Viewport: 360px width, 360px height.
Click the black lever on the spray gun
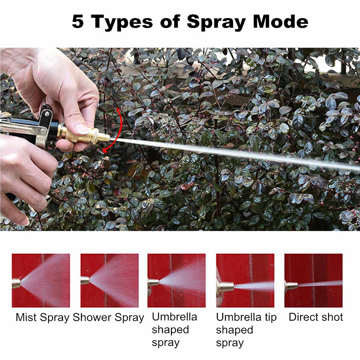coord(45,117)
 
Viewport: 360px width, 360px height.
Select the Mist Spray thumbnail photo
coord(41,280)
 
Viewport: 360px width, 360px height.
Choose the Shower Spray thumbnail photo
coord(109,280)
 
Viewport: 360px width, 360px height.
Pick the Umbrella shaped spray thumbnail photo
coord(176,280)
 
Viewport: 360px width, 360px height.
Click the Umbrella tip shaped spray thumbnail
coord(245,280)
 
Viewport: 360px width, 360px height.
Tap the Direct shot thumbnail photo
coord(313,280)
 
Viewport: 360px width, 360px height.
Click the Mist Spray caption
coord(42,317)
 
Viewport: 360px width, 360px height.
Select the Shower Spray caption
coord(108,317)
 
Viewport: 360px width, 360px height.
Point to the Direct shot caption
coord(316,317)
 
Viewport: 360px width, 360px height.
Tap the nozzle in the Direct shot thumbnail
coord(291,286)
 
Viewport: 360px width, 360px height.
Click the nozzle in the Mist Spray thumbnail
coord(16,283)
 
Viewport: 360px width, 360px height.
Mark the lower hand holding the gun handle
coord(22,175)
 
